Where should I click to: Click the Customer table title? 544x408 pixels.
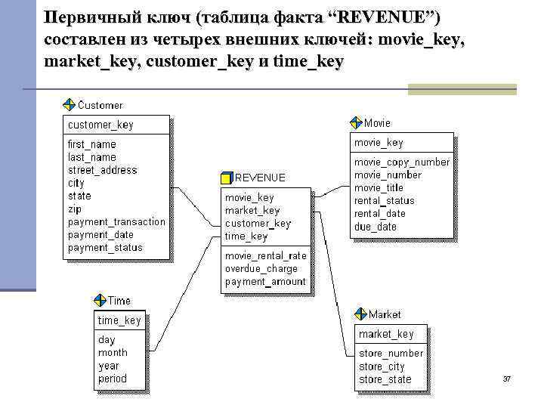pos(100,105)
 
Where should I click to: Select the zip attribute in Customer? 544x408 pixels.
pos(74,209)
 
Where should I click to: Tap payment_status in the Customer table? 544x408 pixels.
pos(105,247)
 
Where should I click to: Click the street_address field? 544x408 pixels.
pos(102,170)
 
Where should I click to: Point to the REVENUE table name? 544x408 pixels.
pos(261,178)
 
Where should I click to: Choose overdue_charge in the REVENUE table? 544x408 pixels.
pos(261,268)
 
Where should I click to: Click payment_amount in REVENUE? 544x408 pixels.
pos(265,282)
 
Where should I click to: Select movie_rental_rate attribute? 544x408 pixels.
pos(265,255)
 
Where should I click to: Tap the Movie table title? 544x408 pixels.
pos(378,122)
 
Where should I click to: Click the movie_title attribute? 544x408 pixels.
pos(379,187)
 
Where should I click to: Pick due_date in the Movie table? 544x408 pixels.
pos(375,226)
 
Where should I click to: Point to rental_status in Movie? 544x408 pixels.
pos(384,200)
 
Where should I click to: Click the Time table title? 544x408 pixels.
pos(119,301)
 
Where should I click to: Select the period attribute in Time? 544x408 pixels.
pos(113,379)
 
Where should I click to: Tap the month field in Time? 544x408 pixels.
pos(113,353)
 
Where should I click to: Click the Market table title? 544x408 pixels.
pos(385,314)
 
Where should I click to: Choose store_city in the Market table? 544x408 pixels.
pos(382,366)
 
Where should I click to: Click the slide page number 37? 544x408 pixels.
pos(507,378)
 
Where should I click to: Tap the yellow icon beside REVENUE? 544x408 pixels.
pos(227,178)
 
